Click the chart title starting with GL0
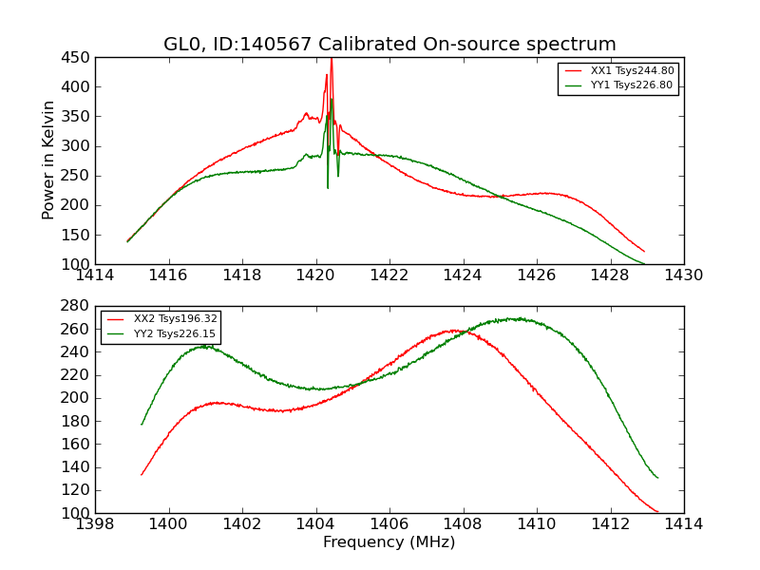pos(389,45)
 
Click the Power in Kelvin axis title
pos(49,161)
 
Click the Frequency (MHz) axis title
pos(389,542)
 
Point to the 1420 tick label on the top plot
pos(316,275)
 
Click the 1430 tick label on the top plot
pos(684,275)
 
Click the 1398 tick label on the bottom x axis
pos(95,524)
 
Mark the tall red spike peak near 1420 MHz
pos(331,60)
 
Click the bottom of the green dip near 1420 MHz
pos(328,187)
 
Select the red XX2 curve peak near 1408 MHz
pos(456,331)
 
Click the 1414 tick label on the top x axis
pos(95,275)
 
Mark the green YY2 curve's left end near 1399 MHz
pos(142,424)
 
